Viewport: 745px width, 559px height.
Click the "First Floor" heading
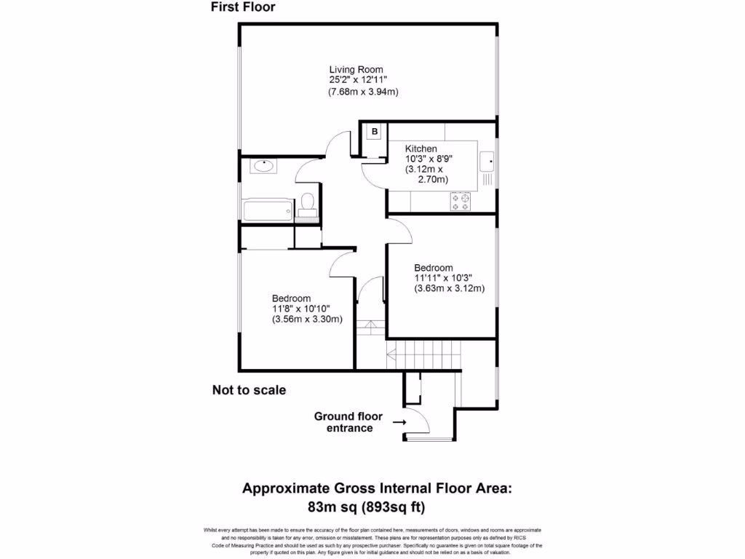click(243, 8)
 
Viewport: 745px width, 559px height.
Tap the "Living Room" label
click(356, 69)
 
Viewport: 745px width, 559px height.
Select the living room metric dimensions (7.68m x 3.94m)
click(363, 92)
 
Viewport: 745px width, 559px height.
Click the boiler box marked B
click(375, 132)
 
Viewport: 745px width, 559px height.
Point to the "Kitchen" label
click(421, 148)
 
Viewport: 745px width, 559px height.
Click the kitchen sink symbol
click(487, 159)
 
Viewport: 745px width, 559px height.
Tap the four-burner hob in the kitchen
click(460, 201)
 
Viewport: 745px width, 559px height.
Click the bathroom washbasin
click(263, 166)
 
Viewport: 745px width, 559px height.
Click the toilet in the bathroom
click(308, 202)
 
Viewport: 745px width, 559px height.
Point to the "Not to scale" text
click(249, 390)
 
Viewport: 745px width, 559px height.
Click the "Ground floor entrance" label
click(348, 422)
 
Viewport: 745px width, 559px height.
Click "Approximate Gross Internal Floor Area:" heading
click(377, 488)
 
